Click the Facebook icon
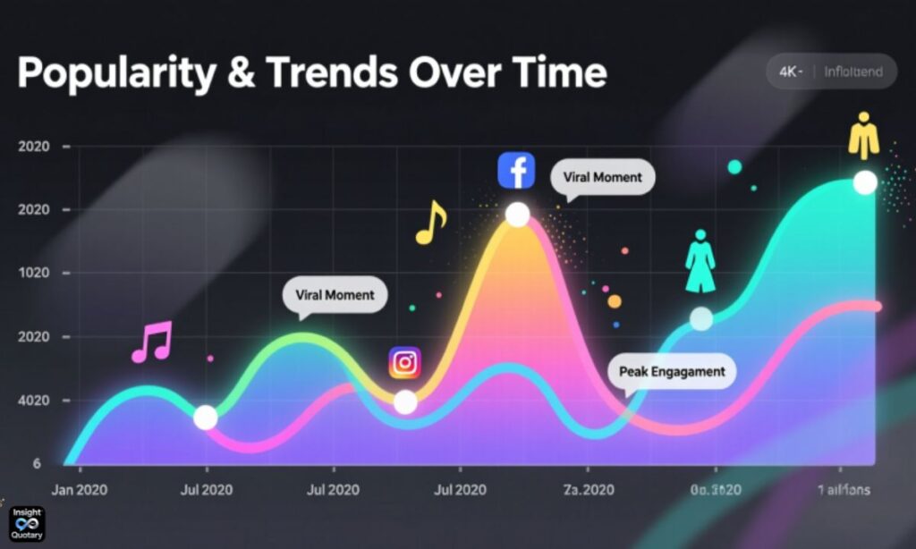[x=516, y=170]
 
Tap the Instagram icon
[x=404, y=362]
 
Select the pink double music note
[x=151, y=342]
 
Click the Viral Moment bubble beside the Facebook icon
[x=602, y=177]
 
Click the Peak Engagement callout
[x=672, y=371]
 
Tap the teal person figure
[x=700, y=261]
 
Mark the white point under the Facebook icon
[x=517, y=215]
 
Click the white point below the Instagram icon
[x=405, y=402]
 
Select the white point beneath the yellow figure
[x=865, y=182]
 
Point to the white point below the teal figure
[x=701, y=319]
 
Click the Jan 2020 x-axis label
[x=80, y=490]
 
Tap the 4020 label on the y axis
[x=33, y=401]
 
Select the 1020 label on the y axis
[x=33, y=274]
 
